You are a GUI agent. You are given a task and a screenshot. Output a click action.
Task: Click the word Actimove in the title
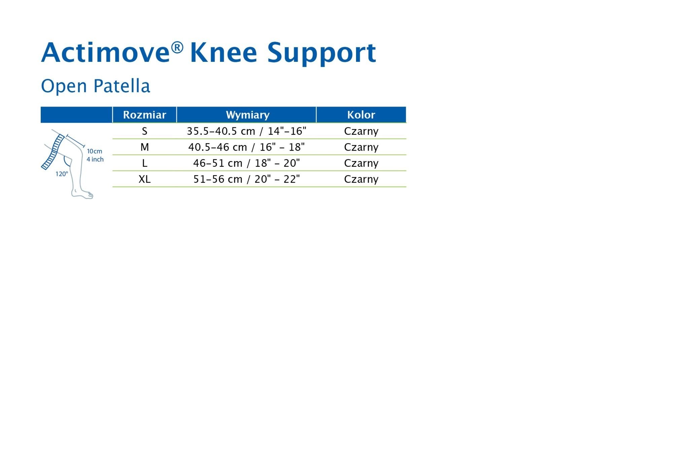point(105,52)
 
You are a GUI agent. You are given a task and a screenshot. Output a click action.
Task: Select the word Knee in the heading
point(223,52)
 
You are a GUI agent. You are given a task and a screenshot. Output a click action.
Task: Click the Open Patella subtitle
point(96,86)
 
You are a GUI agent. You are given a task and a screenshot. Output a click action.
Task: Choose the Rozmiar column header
point(145,115)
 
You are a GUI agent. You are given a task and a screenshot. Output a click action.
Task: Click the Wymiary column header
point(248,115)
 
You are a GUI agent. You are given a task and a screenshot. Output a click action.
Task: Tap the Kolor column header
point(361,115)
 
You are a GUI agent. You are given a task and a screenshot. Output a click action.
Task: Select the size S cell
point(145,131)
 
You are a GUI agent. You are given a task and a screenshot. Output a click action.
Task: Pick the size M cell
point(145,147)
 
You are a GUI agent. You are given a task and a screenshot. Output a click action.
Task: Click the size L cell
point(145,163)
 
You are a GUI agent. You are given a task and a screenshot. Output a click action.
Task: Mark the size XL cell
point(145,179)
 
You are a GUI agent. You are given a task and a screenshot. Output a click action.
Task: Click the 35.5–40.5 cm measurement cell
point(247,131)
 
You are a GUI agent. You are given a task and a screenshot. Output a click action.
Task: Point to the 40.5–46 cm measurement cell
point(247,147)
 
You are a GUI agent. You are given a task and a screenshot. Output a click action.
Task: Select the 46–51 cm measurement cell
point(247,163)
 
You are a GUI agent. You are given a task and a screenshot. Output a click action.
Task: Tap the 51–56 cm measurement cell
point(247,179)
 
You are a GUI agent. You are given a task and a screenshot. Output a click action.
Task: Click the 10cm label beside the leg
point(95,152)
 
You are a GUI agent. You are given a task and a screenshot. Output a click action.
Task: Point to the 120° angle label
point(62,174)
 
